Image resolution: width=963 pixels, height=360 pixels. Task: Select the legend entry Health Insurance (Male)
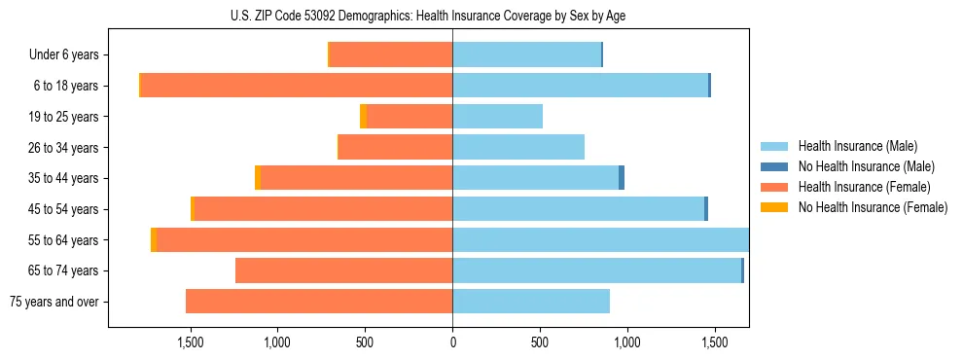point(855,146)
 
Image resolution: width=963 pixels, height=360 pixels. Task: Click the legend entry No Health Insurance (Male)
point(865,166)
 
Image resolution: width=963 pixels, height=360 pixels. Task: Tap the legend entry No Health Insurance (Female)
point(871,207)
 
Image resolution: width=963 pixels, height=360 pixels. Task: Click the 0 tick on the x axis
point(452,343)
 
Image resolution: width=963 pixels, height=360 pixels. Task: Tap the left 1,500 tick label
point(190,343)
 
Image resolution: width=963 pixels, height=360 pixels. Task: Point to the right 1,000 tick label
point(626,343)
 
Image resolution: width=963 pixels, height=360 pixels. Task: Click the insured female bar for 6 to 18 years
point(297,86)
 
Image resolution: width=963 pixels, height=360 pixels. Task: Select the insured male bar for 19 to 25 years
point(497,117)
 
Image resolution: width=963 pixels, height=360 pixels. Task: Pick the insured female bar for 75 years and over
point(319,302)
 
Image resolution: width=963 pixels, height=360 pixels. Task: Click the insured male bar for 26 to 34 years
point(518,147)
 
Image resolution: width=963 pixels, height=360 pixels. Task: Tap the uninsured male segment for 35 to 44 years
point(622,178)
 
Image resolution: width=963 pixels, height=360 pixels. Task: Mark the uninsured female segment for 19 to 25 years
point(363,117)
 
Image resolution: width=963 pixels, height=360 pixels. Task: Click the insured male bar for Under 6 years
point(526,55)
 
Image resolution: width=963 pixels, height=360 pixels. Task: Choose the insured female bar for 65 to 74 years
point(343,270)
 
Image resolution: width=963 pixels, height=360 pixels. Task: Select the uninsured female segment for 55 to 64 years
point(154,239)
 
